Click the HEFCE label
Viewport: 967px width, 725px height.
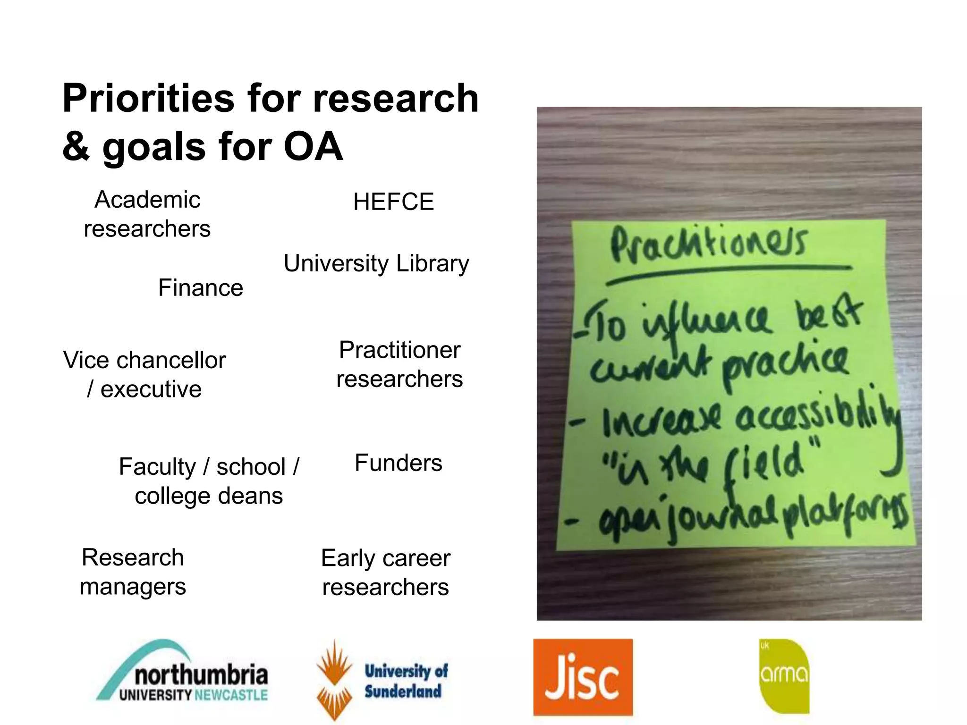coord(393,202)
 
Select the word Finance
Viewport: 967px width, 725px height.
coord(201,288)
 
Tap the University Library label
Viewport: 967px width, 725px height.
coord(376,263)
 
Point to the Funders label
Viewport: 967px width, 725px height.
coord(399,463)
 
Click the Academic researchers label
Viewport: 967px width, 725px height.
coord(147,214)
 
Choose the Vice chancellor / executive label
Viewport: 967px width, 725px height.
coord(144,375)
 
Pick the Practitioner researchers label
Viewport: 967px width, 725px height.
coord(399,364)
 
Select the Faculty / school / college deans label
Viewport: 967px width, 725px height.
coord(209,481)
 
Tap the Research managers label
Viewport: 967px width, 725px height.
coord(133,572)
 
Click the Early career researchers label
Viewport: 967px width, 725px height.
coord(386,573)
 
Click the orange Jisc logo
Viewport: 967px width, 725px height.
coord(583,677)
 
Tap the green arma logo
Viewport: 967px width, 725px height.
coord(784,676)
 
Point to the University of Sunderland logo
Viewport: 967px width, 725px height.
coord(382,680)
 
